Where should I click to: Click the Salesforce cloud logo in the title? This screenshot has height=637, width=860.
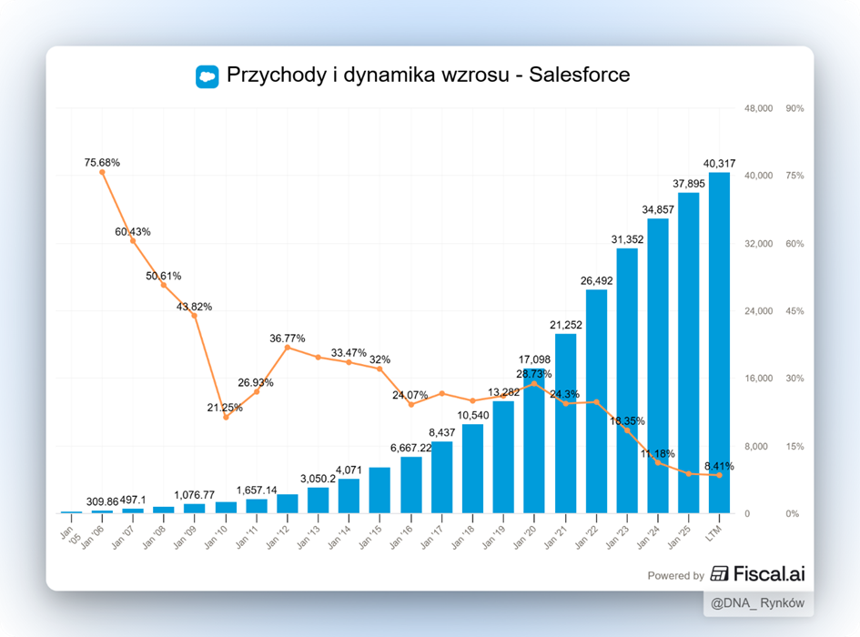pos(207,76)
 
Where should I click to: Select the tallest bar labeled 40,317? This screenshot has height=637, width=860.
pos(719,342)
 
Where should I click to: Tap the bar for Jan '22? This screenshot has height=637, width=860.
pos(596,400)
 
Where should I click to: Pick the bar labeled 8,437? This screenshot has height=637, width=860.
pos(442,477)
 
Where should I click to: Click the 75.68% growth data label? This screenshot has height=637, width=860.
pos(102,163)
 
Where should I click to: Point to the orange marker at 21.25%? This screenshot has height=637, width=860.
pos(226,417)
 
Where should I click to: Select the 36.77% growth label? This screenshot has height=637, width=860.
pos(288,339)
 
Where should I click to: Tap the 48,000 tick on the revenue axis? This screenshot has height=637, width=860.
pos(759,108)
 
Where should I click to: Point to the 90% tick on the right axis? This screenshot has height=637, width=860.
pos(794,108)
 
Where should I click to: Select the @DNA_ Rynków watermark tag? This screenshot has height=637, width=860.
pos(758,603)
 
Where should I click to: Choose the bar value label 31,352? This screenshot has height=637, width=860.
pos(627,239)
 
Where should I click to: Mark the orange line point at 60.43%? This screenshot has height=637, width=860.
pos(133,240)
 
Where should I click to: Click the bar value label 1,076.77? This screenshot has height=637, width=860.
pos(194,496)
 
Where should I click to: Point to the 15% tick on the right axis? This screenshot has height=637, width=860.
pos(794,446)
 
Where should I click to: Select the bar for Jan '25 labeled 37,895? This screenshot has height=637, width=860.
pos(688,352)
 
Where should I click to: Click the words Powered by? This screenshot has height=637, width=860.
pos(675,575)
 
